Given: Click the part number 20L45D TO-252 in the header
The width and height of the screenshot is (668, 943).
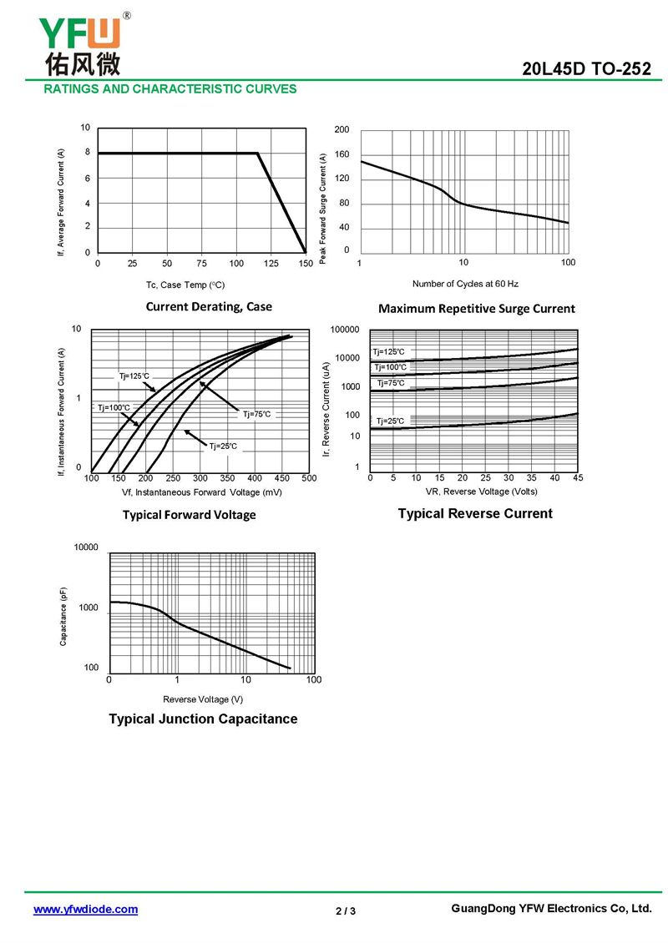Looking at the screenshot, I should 586,70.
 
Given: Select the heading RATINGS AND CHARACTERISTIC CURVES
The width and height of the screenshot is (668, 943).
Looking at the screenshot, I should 170,88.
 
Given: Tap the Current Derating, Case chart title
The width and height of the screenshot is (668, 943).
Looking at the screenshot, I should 209,306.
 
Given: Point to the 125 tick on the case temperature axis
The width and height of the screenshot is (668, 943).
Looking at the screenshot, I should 271,264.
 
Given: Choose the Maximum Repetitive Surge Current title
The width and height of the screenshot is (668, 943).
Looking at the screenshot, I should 476,308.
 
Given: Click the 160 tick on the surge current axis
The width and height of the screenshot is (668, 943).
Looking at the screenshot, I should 342,154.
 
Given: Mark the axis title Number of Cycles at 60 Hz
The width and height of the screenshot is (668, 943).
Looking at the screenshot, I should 465,284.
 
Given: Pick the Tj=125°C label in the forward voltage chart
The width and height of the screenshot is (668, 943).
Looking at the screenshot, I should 134,376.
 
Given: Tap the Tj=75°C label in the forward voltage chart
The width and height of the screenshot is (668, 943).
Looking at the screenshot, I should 256,414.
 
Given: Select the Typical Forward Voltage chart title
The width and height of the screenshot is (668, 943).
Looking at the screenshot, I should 190,515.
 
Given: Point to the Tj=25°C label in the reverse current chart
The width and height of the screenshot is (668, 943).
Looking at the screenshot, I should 390,421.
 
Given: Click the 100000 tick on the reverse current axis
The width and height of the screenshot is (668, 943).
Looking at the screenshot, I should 345,330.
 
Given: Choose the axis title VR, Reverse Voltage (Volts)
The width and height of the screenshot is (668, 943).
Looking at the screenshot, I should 475,491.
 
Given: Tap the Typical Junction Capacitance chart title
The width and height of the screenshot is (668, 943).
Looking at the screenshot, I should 203,719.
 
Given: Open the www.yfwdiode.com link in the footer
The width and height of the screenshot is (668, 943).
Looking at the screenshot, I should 85,910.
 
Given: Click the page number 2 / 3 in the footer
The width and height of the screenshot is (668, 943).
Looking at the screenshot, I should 346,910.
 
